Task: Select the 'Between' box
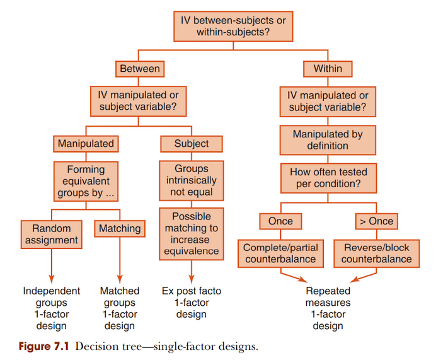point(139,68)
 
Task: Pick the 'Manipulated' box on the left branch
point(86,144)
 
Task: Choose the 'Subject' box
point(192,144)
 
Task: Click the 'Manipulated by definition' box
point(328,139)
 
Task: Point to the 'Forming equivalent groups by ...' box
point(86,181)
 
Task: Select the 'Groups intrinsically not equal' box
point(192,181)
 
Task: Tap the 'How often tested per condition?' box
point(328,178)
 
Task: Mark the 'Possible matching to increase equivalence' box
point(192,233)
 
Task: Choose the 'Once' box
point(280,221)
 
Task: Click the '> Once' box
point(376,221)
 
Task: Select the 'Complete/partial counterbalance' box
point(280,253)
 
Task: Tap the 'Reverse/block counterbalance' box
point(376,253)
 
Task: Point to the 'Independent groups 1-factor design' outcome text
point(52,308)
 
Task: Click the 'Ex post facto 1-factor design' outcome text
point(192,303)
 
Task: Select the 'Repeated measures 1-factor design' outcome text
point(328,308)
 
